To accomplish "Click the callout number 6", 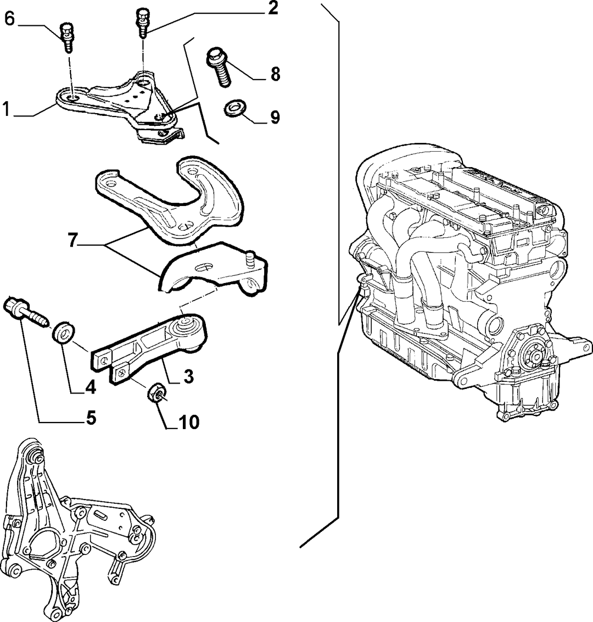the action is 9,19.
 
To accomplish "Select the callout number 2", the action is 272,8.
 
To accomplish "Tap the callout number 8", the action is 275,74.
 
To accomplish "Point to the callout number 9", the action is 275,117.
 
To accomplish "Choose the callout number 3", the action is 188,376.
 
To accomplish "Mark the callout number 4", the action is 91,387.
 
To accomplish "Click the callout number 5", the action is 91,418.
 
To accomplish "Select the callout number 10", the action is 189,423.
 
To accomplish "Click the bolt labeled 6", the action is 67,38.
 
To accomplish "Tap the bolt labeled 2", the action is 143,24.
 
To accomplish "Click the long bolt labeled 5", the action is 26,312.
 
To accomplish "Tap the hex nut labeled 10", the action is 157,393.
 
